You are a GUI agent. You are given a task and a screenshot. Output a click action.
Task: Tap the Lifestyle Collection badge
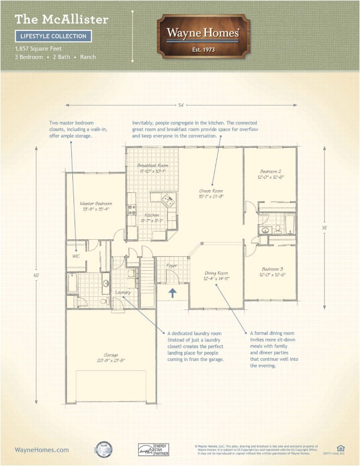coord(53,36)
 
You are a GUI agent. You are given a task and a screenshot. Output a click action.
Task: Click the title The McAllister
coord(61,20)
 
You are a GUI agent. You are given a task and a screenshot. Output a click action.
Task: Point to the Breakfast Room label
coord(152,167)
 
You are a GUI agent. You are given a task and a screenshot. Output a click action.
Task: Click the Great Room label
coord(210,194)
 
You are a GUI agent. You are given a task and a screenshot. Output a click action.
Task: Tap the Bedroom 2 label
coord(270,173)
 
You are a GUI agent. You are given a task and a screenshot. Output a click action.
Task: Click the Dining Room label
coord(216,276)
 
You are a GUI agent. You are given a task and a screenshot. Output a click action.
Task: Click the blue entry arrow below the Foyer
coord(172,294)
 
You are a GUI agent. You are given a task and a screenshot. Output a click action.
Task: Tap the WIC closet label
coord(77,256)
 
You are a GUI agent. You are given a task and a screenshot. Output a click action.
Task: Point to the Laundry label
coord(123,293)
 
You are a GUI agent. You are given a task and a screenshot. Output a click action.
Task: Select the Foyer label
coord(172,266)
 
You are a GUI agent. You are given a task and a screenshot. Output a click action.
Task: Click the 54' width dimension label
coord(182,104)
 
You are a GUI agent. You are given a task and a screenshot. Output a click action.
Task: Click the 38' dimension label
coord(324,228)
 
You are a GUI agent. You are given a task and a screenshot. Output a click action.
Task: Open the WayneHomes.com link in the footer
coord(42,450)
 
